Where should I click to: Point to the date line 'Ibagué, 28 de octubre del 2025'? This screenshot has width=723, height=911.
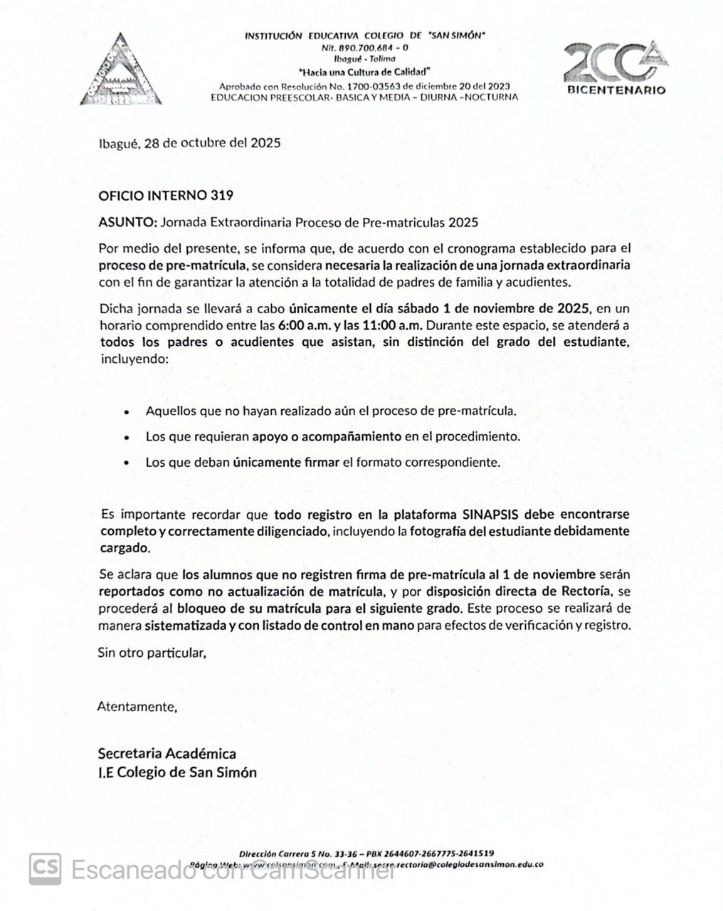click(189, 142)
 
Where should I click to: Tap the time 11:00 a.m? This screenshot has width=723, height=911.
click(394, 325)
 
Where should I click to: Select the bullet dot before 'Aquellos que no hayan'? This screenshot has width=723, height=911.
click(127, 412)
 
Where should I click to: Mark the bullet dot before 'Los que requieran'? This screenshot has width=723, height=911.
click(127, 438)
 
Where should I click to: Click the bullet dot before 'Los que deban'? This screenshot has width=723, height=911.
click(127, 463)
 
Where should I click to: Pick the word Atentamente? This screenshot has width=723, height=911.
click(137, 707)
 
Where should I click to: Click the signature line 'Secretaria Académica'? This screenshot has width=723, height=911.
click(167, 753)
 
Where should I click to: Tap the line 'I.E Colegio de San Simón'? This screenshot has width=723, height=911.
click(177, 772)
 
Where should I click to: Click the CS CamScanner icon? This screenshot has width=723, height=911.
click(45, 869)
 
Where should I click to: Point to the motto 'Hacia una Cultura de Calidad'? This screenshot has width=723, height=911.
click(365, 72)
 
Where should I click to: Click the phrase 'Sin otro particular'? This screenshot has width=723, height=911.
click(152, 652)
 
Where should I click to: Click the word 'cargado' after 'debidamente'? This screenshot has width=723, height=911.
click(124, 548)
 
